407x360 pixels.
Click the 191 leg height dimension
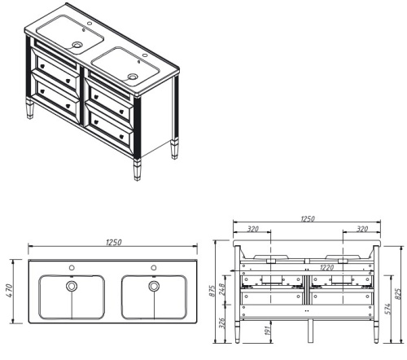point(267,331)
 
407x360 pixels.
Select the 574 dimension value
point(386,305)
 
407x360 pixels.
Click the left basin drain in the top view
point(72,287)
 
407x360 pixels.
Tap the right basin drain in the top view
point(153,287)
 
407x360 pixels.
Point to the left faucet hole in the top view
point(72,267)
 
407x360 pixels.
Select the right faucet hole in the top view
point(153,267)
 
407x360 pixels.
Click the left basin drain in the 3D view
point(77,45)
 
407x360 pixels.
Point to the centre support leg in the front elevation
point(308,330)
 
